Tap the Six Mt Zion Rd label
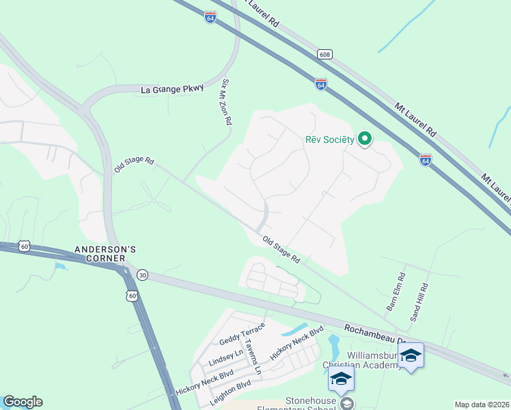[x=227, y=102]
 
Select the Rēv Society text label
[x=329, y=140]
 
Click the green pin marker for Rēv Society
[x=365, y=139]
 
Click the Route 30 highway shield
[x=142, y=275]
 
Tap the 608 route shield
[x=324, y=53]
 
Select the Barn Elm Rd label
[x=396, y=292]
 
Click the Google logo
[x=23, y=402]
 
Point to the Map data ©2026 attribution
[x=482, y=405]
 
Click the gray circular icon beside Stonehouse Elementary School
[x=348, y=403]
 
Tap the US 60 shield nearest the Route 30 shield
[x=132, y=295]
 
